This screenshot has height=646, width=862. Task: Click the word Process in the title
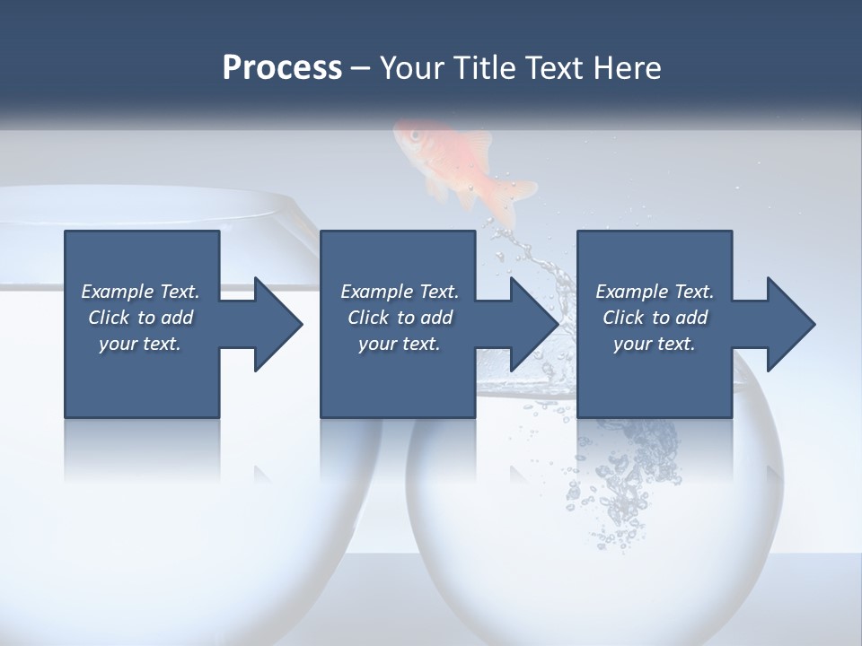282,67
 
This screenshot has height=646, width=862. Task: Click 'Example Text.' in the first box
140,292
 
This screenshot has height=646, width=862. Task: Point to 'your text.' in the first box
140,344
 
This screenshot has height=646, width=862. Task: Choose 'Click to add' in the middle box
400,318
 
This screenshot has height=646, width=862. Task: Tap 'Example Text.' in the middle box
400,292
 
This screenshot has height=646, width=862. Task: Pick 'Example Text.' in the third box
655,292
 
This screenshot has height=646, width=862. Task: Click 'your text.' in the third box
655,344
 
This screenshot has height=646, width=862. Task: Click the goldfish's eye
416,135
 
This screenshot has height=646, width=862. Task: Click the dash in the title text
361,67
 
